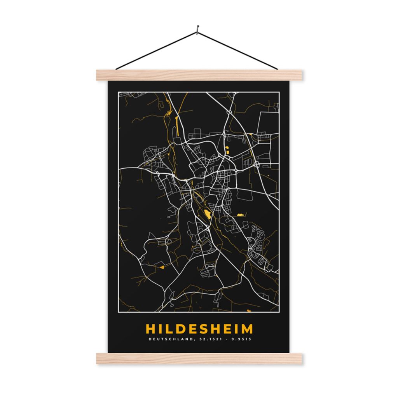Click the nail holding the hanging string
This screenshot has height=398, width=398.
[198, 28]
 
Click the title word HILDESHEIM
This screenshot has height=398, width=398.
[199, 329]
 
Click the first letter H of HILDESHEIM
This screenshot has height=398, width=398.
[150, 329]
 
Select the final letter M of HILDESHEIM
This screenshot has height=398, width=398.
[246, 329]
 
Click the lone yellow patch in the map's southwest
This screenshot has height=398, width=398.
[161, 267]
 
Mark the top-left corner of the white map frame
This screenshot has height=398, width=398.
[118, 92]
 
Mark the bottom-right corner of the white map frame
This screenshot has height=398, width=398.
[279, 312]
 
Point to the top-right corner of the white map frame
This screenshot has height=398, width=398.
[279, 92]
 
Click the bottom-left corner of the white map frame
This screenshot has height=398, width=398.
[118, 312]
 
